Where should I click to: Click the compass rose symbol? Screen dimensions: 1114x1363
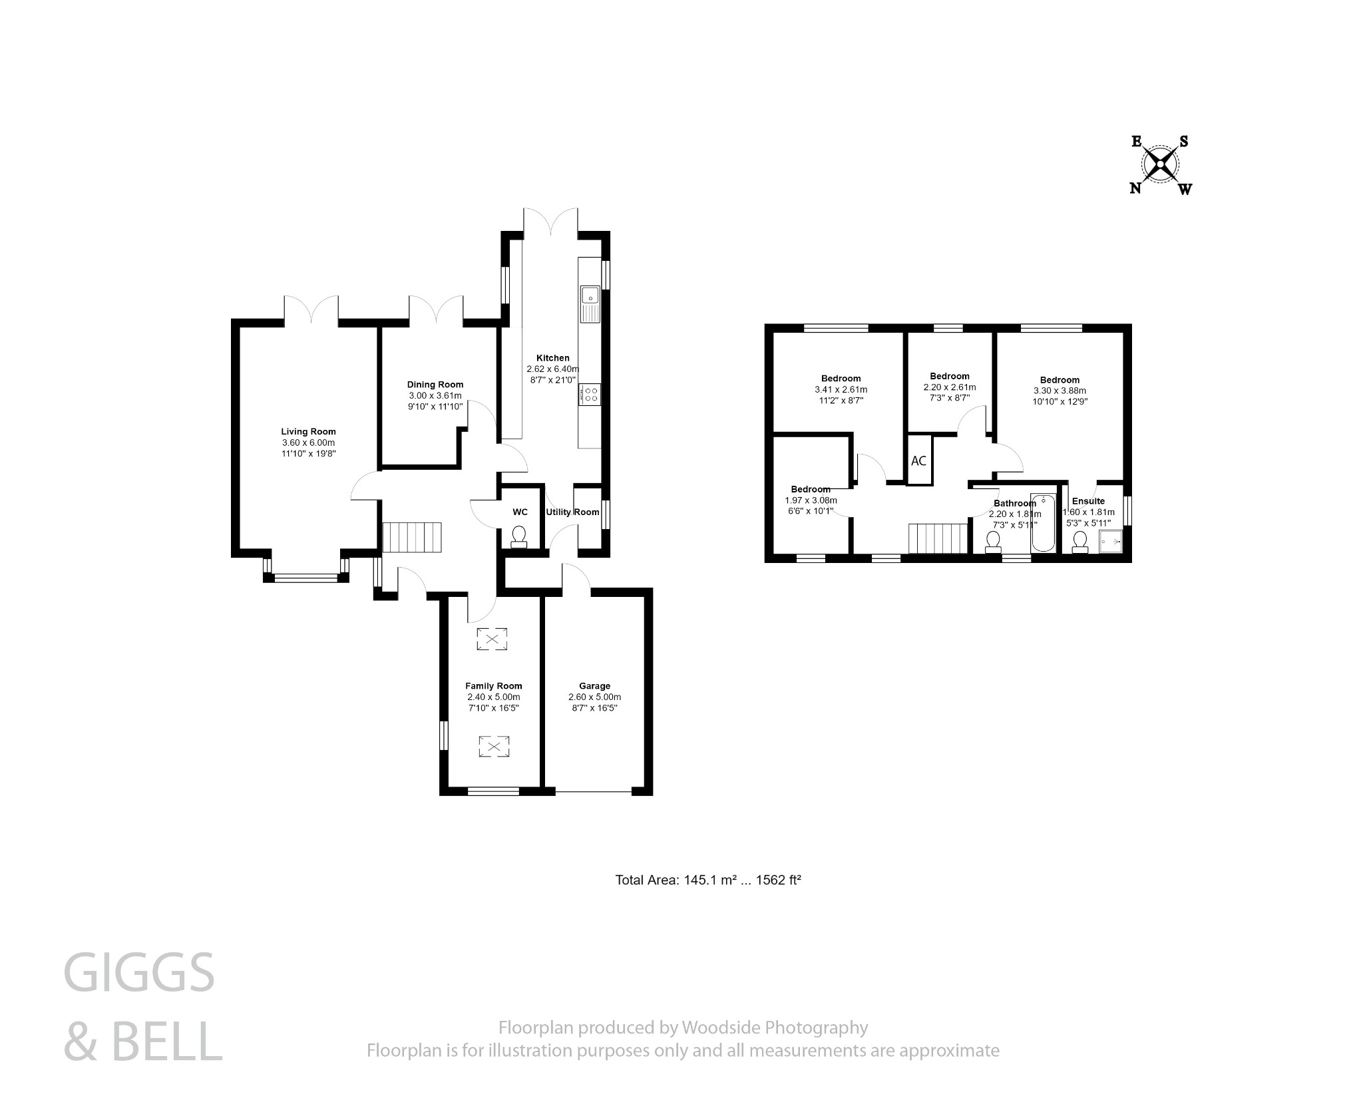click(1161, 164)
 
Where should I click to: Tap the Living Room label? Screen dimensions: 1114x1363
click(308, 431)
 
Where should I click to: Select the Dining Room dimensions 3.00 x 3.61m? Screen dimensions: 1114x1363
click(435, 395)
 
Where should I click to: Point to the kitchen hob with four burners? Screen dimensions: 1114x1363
click(590, 393)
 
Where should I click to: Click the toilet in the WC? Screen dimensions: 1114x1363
click(518, 536)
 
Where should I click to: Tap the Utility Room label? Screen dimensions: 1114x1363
click(572, 512)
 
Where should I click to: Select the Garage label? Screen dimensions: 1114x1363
click(594, 685)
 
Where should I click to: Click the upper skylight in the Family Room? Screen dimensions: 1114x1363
click(492, 640)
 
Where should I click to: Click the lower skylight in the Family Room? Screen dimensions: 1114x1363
click(493, 746)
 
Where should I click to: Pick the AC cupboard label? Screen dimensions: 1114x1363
click(918, 461)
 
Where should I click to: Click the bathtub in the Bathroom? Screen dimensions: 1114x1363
click(1043, 522)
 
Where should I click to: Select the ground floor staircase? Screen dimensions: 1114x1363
click(412, 537)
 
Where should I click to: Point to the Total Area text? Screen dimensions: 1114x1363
click(707, 880)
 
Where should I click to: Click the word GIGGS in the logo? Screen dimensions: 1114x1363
click(139, 972)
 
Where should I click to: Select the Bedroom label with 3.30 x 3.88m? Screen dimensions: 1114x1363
click(1060, 380)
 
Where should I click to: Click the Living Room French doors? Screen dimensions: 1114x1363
click(311, 311)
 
